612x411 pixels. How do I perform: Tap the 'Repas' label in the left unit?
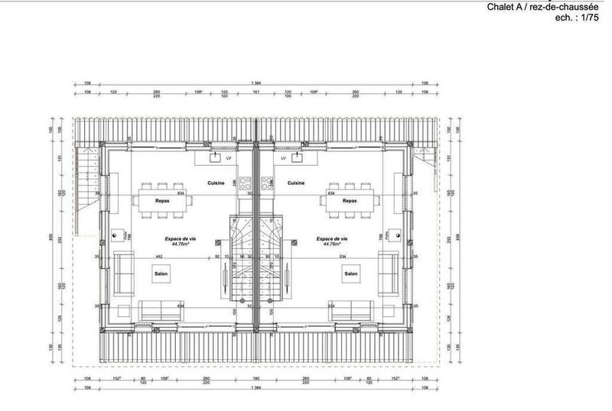tap(161, 201)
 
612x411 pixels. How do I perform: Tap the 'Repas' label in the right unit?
tap(350, 201)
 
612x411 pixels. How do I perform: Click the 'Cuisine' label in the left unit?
tap(216, 183)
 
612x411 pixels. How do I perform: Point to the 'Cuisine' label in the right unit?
tap(295, 183)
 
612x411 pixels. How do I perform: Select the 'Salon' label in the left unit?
tap(161, 273)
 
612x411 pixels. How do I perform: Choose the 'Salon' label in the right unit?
tap(351, 273)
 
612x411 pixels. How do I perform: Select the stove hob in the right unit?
tap(266, 183)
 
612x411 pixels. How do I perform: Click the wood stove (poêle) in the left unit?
tap(115, 236)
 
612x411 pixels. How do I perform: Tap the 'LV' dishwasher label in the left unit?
tap(229, 158)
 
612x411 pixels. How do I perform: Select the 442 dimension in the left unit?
tap(158, 257)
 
